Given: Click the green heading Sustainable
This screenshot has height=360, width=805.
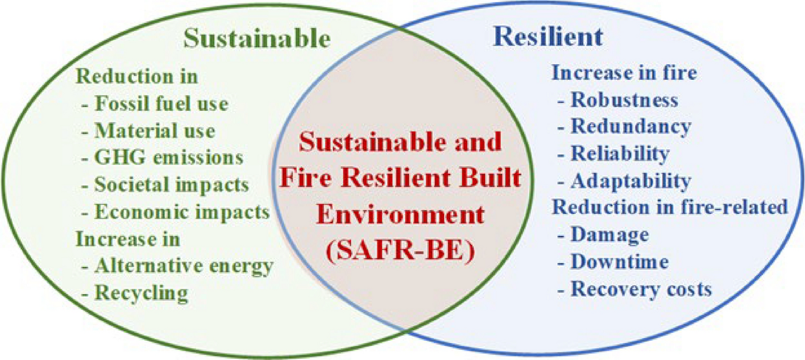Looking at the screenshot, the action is click(x=257, y=39).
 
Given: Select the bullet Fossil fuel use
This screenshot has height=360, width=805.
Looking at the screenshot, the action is click(x=161, y=104).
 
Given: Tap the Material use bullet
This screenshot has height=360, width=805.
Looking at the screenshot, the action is click(x=155, y=131).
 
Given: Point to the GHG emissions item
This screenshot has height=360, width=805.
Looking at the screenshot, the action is click(x=169, y=158).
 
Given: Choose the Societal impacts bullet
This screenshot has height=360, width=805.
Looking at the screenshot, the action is click(x=172, y=185).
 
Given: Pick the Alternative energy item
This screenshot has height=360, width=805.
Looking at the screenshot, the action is click(x=184, y=266).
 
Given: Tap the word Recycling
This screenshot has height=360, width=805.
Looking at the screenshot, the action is click(x=141, y=293).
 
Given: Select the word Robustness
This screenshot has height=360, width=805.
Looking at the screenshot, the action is click(x=624, y=100).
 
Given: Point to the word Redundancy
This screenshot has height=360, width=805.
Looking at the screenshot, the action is click(x=631, y=127).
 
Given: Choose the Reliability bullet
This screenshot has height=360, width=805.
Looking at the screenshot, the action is click(x=620, y=154).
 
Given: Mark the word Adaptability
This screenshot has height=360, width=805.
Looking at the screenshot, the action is click(x=631, y=181).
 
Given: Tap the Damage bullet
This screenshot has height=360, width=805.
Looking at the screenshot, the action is click(x=609, y=234).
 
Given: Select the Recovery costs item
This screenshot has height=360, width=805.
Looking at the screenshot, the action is click(x=641, y=289).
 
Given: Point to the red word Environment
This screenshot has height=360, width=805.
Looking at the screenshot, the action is click(x=401, y=216).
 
